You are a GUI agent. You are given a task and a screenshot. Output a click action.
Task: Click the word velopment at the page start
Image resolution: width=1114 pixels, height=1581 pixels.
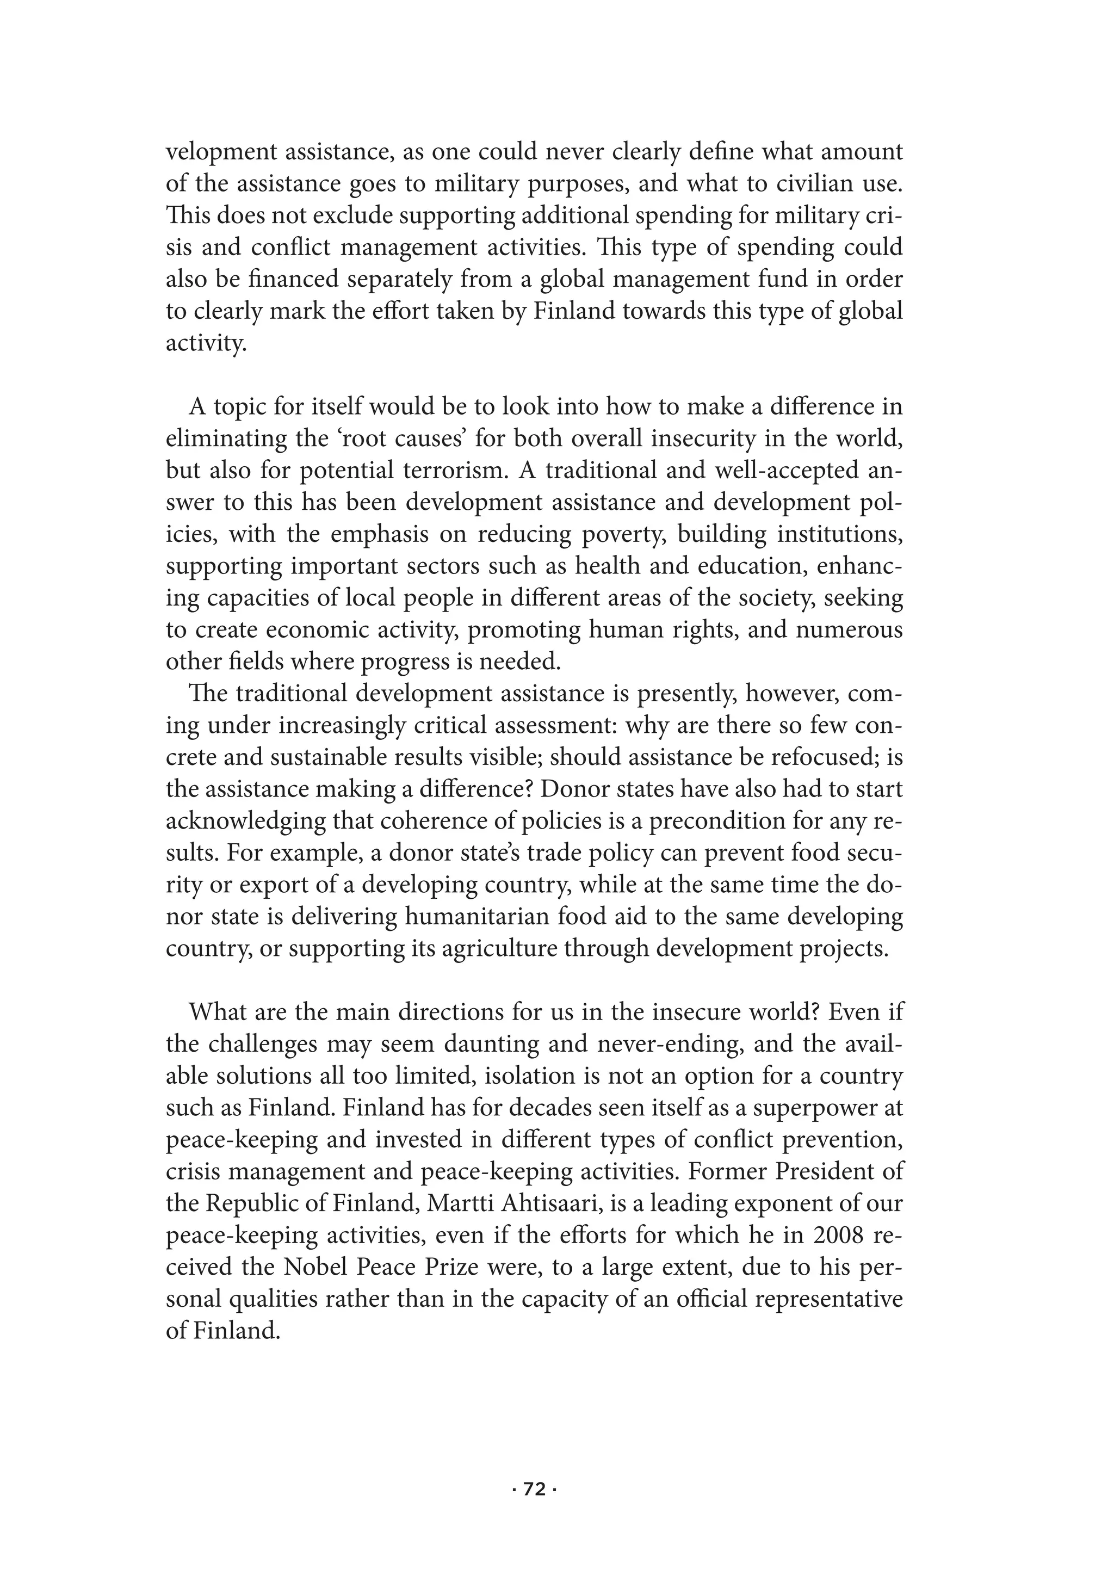(x=218, y=153)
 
